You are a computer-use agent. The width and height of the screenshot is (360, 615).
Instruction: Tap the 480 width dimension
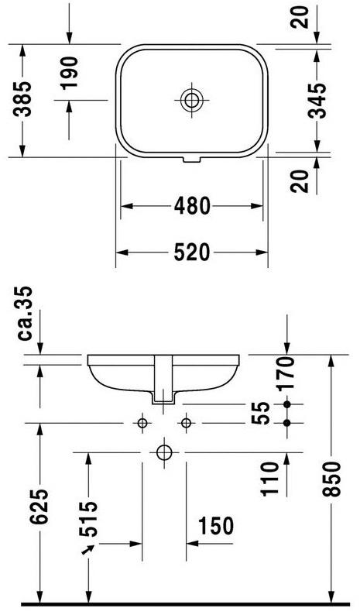click(x=191, y=206)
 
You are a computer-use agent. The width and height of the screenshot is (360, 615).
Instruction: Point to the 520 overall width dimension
click(x=191, y=252)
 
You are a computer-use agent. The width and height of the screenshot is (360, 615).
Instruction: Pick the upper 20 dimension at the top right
click(x=302, y=16)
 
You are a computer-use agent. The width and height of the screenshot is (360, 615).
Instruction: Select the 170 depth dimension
click(x=287, y=373)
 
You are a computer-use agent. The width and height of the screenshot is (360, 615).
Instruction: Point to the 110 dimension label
click(x=270, y=479)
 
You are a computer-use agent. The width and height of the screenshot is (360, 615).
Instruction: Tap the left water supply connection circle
click(x=142, y=422)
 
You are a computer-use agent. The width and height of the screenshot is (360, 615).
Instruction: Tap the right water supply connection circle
click(x=186, y=422)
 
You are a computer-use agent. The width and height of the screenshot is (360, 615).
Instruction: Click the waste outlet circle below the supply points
click(x=163, y=451)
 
